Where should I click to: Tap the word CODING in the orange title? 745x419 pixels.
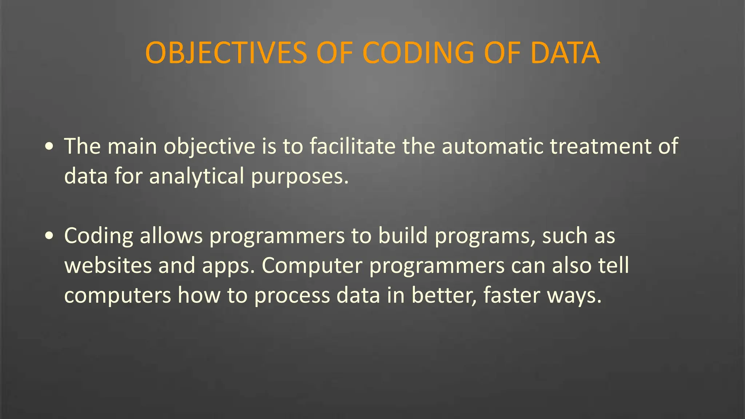[418, 53]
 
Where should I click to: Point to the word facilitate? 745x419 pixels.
[352, 146]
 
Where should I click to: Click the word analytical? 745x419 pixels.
[196, 176]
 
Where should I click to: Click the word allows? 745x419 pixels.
[171, 236]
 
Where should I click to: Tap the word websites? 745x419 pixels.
[108, 266]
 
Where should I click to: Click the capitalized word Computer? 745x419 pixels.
[312, 266]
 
